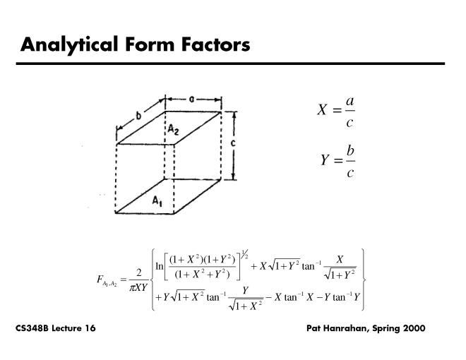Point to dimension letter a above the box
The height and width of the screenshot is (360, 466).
click(192, 99)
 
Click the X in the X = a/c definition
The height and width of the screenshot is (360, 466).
click(323, 110)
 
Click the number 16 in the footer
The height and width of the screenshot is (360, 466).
click(89, 329)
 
